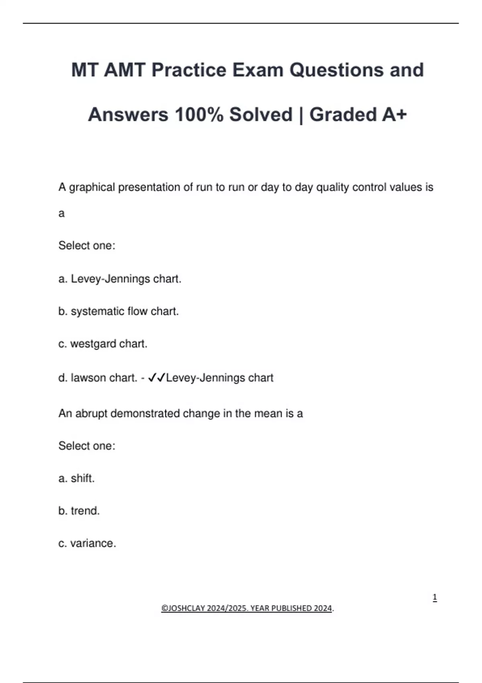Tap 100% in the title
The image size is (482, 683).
[x=199, y=115]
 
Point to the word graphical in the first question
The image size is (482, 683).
[x=92, y=188]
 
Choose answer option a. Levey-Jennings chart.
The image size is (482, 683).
[x=120, y=279]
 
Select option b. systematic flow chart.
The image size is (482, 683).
[x=118, y=311]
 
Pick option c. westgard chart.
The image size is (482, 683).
[x=103, y=344]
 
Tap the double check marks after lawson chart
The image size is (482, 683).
[x=157, y=378]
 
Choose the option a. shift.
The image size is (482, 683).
[x=76, y=479]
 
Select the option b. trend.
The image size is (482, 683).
[x=79, y=511]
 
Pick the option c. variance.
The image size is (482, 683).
[x=87, y=544]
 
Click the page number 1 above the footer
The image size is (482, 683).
[x=435, y=597]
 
